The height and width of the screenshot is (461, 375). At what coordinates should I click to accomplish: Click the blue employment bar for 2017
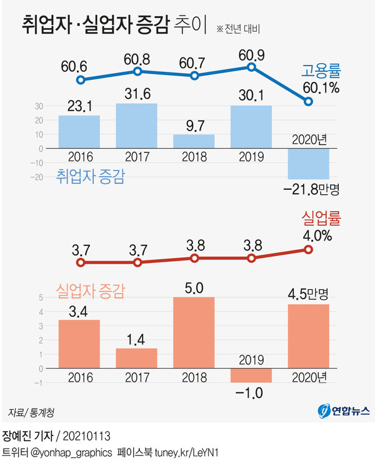point(136,126)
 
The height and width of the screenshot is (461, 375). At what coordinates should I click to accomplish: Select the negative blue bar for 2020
point(308,164)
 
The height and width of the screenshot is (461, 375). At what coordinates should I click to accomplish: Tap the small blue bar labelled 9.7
point(194,141)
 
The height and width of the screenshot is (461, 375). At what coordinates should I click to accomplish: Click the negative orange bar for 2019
point(251,375)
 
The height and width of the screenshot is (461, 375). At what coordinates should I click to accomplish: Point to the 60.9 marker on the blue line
point(251,67)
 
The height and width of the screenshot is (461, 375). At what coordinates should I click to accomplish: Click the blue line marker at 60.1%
point(308,101)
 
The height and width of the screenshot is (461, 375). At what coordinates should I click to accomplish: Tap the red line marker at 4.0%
point(308,249)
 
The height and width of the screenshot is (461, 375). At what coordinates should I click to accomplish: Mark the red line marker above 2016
point(79,263)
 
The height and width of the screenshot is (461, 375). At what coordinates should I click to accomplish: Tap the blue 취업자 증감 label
point(91,176)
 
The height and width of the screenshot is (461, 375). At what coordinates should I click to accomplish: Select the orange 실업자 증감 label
point(91,289)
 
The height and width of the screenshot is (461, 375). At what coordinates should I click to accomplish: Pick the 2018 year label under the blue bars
point(194,155)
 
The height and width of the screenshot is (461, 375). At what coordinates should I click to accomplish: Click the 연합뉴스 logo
point(344,410)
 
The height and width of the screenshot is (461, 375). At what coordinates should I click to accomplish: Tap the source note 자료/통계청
point(31,412)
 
